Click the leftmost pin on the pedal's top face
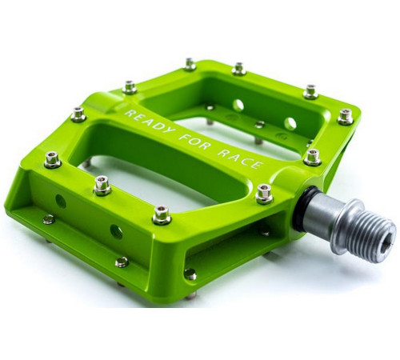[52, 159]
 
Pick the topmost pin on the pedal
[190, 63]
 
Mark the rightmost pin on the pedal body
[345, 116]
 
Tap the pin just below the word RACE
[263, 193]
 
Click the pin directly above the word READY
[130, 86]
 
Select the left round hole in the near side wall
[60, 201]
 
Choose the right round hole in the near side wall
[116, 231]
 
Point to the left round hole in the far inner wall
[238, 105]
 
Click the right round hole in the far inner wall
[290, 124]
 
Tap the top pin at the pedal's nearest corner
[161, 214]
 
